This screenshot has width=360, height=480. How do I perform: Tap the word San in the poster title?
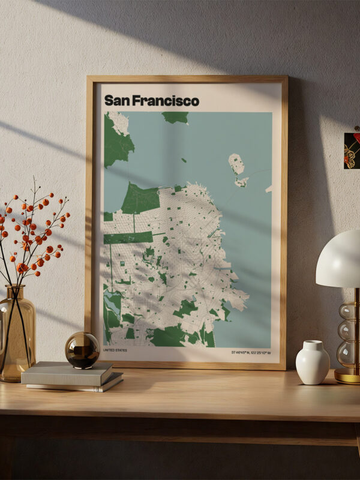(117, 101)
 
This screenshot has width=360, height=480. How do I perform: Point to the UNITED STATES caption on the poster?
(115, 350)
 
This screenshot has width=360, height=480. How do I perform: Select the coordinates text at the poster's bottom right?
(251, 352)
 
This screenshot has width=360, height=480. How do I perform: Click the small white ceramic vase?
(313, 362)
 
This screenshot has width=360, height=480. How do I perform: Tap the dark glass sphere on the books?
(82, 350)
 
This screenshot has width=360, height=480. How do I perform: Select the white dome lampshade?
(339, 259)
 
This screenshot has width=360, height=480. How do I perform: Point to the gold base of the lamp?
(347, 376)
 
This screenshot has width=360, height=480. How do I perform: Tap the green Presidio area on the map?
(140, 198)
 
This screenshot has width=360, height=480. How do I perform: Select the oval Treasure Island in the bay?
(236, 164)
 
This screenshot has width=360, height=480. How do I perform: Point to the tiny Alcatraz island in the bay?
(184, 160)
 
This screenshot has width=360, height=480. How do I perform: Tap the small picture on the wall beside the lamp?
(352, 150)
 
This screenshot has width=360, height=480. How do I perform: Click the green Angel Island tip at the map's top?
(176, 117)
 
